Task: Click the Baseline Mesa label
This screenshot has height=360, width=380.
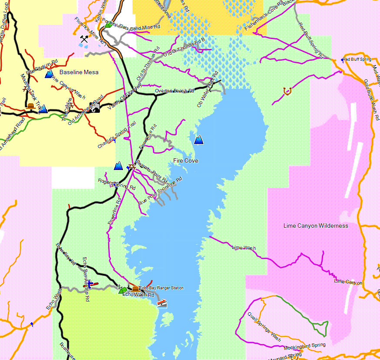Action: click(79, 72)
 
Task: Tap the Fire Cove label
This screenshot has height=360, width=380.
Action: click(185, 161)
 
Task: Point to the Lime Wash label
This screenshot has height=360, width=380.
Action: click(244, 248)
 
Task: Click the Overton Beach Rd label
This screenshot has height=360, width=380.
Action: click(174, 91)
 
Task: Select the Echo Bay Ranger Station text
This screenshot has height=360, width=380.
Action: click(161, 288)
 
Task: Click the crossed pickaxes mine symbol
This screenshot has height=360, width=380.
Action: click(84, 39)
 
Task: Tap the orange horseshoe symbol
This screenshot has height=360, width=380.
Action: click(286, 91)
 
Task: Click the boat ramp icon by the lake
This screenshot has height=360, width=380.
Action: click(162, 304)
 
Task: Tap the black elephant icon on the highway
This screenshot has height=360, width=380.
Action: click(94, 107)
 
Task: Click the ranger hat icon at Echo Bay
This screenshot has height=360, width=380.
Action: click(135, 288)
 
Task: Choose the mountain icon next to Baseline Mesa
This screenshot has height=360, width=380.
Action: click(49, 74)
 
